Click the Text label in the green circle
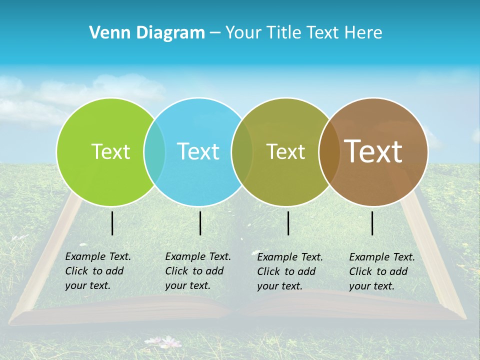(110, 151)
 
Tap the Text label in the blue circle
(198, 151)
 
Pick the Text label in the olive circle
(285, 151)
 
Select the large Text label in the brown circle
(373, 151)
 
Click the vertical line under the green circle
(112, 223)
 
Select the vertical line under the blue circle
(200, 223)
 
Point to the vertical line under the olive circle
(288, 223)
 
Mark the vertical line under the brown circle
(372, 223)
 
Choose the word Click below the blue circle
(176, 271)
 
